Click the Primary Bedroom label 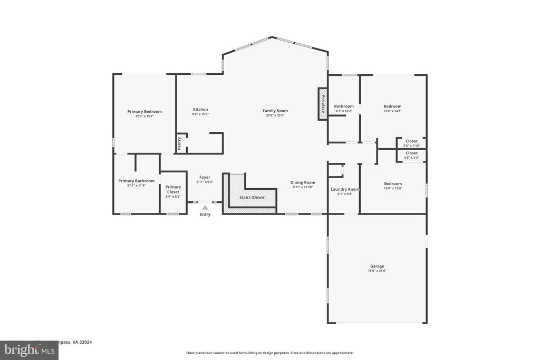click(x=144, y=111)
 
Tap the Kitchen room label click(x=200, y=110)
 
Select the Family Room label click(x=275, y=111)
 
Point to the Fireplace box click(x=323, y=104)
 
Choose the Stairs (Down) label click(x=253, y=197)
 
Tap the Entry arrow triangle click(x=205, y=208)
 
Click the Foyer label click(x=205, y=177)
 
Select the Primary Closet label click(x=173, y=189)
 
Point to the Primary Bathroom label click(x=137, y=181)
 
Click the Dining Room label click(x=303, y=182)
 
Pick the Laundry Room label click(x=344, y=189)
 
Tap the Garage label click(x=377, y=266)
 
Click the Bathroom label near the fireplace click(x=344, y=106)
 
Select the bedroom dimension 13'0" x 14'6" click(x=392, y=111)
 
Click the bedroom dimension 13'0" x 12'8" click(x=392, y=188)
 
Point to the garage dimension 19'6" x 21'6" click(x=377, y=271)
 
